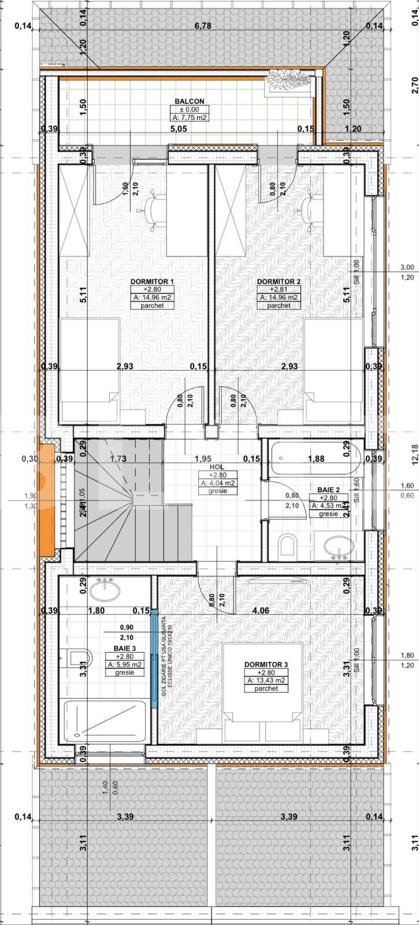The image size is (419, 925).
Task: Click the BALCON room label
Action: pos(189,101)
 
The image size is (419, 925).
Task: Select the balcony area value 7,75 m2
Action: pos(190,117)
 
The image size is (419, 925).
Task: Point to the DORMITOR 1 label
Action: pos(152,282)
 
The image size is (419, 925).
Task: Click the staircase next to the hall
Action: pos(116,500)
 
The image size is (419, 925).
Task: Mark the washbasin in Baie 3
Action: pos(105,590)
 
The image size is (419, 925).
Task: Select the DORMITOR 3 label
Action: pos(266,664)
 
